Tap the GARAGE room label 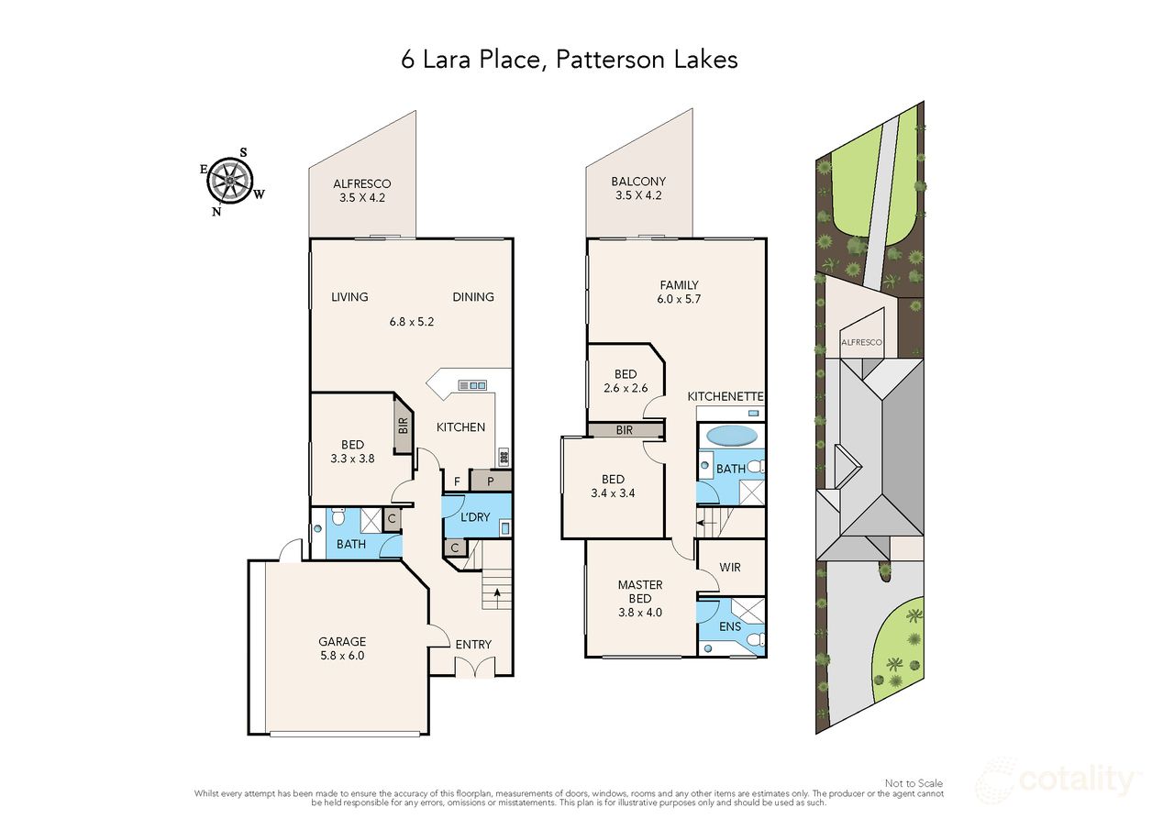[x=342, y=642]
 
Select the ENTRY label [x=473, y=645]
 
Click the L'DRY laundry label [x=474, y=517]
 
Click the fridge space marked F [x=456, y=480]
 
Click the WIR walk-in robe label [x=730, y=568]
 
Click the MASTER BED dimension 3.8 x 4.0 [x=639, y=613]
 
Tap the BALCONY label [x=638, y=182]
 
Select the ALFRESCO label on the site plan [x=861, y=343]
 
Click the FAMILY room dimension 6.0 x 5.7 [x=678, y=299]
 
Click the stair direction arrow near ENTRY [x=498, y=592]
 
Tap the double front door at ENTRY [x=473, y=670]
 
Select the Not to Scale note [x=914, y=783]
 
